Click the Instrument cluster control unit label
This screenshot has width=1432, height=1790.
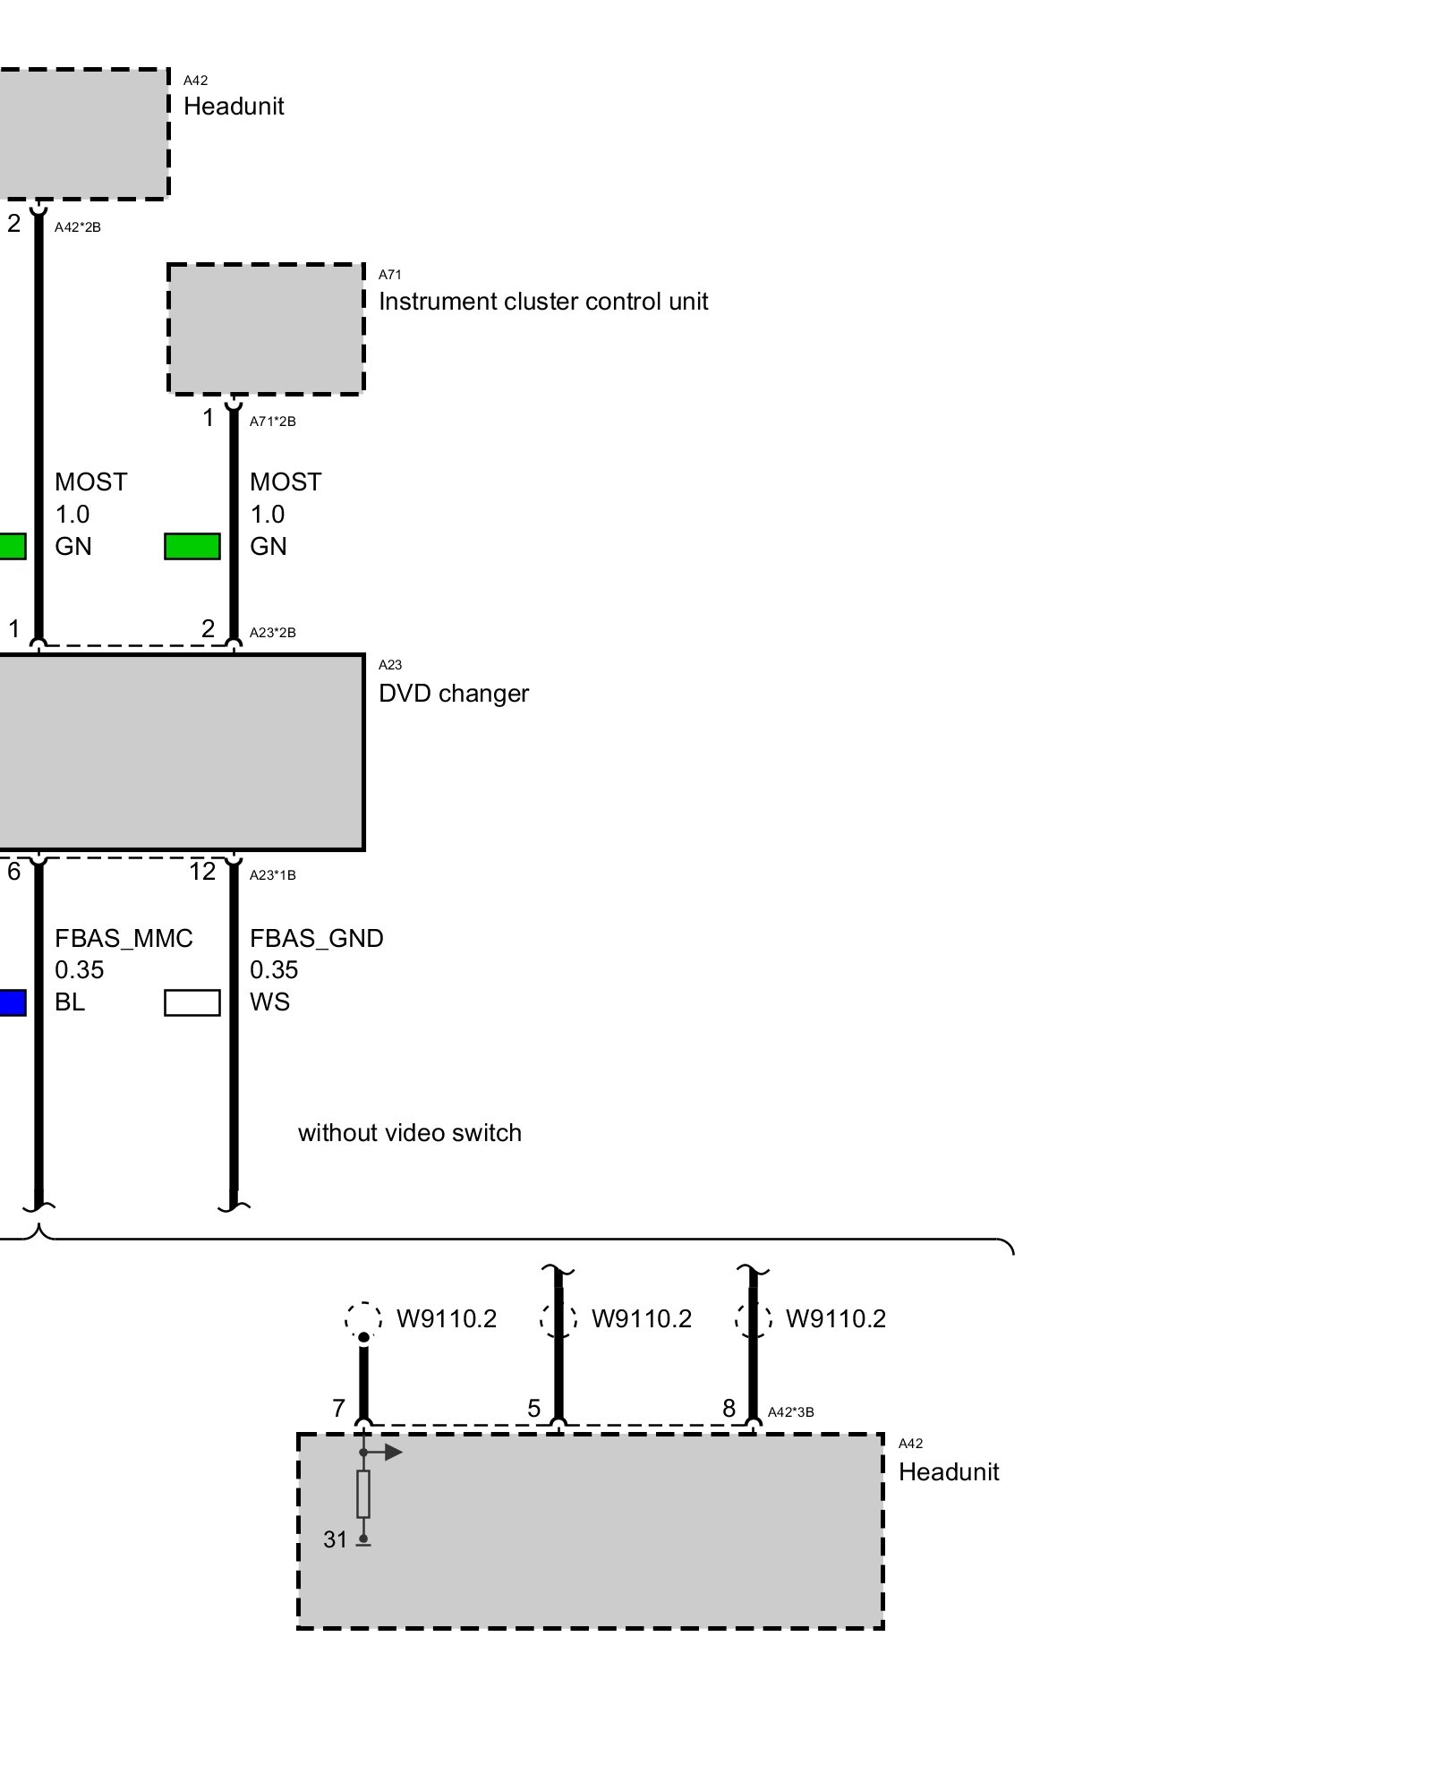coord(542,302)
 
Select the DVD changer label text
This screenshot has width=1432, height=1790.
coord(453,694)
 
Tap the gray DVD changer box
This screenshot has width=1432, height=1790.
coord(179,752)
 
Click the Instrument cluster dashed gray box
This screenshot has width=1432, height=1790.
coord(266,328)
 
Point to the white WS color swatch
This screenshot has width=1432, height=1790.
coord(192,1002)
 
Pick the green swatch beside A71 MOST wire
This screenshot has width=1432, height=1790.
coord(192,546)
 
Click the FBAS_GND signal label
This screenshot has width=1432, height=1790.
coord(316,938)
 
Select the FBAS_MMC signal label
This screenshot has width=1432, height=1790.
coord(124,938)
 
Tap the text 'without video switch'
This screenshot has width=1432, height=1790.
coord(409,1133)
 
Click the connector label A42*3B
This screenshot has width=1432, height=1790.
coord(790,1412)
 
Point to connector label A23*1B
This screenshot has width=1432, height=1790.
coord(272,875)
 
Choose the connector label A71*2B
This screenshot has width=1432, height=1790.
coord(272,422)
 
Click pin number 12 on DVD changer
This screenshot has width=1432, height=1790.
coord(202,872)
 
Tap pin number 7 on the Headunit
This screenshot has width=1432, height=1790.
coord(338,1409)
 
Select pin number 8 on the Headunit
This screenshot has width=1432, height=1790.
coord(729,1409)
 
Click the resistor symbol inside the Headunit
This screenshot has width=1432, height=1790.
coord(363,1494)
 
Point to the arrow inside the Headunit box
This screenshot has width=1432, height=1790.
coord(390,1452)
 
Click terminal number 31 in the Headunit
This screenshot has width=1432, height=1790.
coord(335,1539)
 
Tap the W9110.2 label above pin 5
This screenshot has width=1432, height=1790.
coord(641,1319)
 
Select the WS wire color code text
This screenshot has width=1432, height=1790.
coord(269,1002)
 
